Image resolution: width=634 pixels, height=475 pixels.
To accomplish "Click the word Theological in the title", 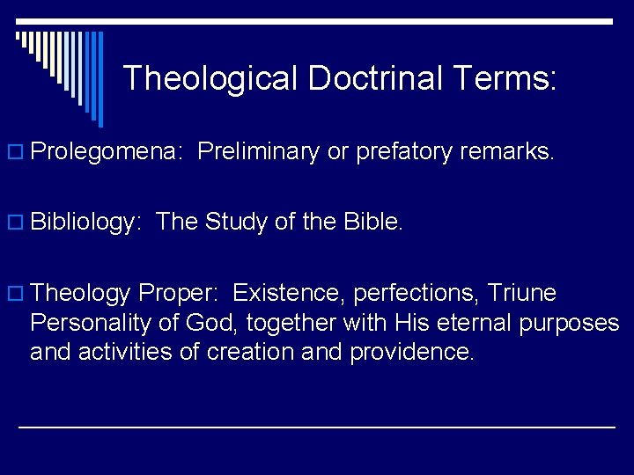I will click(x=211, y=78).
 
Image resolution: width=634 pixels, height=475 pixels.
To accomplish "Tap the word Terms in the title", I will click(x=503, y=78).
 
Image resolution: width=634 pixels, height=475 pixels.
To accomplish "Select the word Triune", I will click(x=522, y=293).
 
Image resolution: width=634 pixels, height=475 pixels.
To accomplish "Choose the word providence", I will click(x=412, y=352).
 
